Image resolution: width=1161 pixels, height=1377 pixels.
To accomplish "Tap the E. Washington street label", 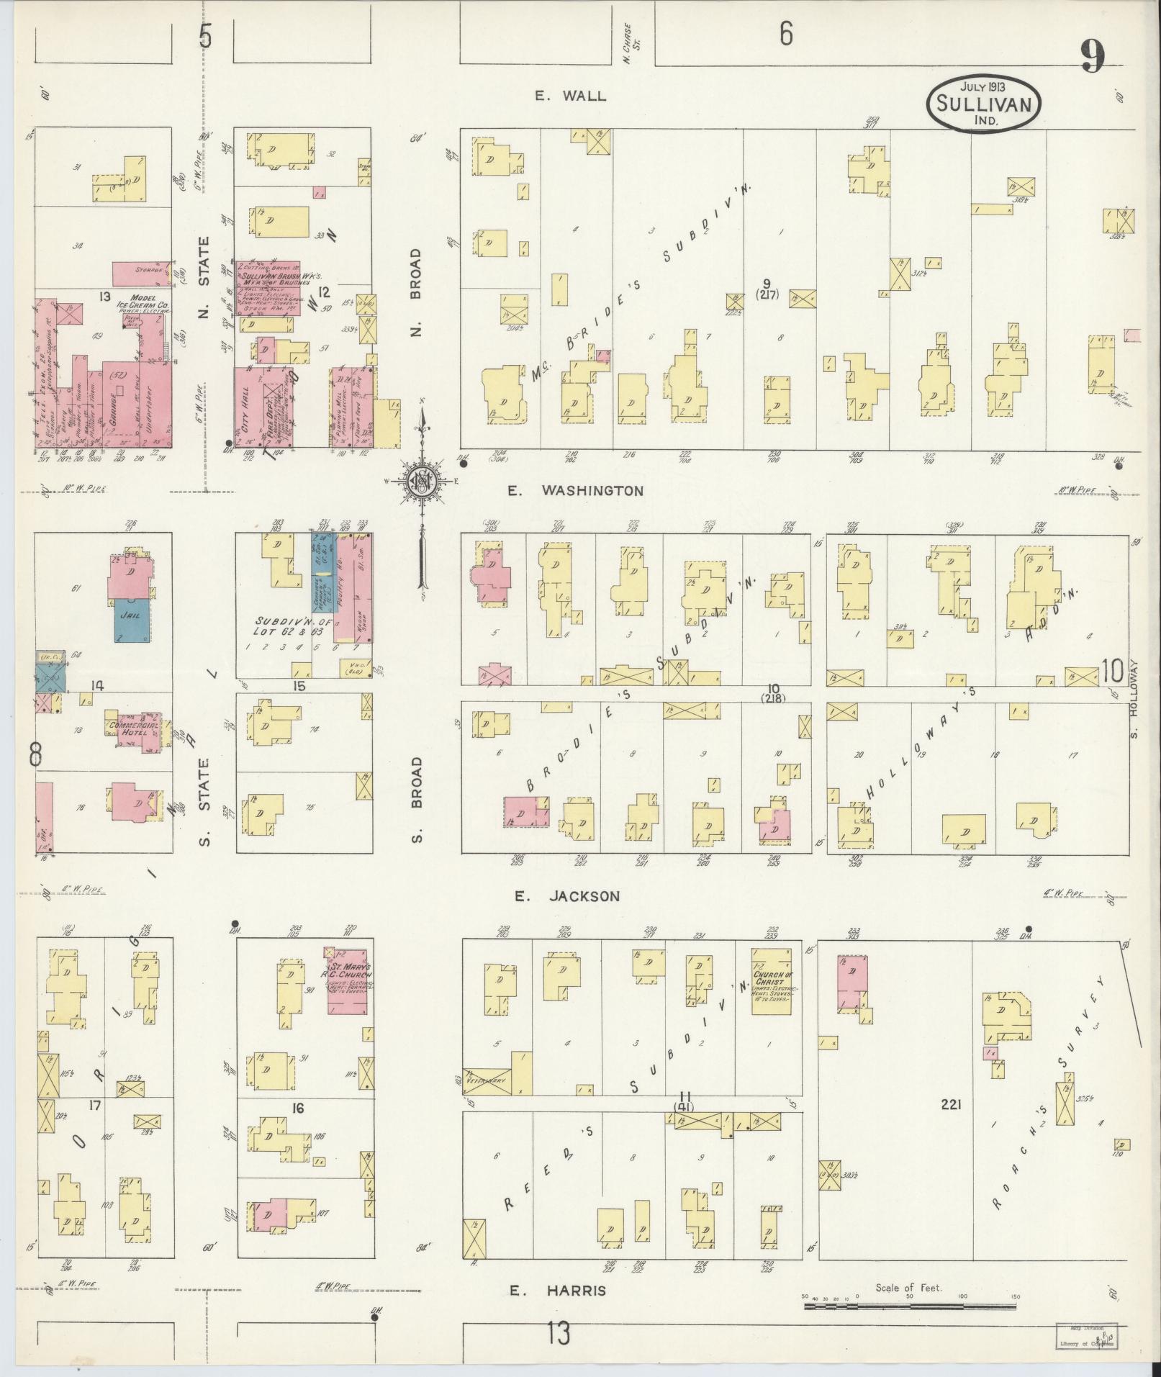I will [x=575, y=491].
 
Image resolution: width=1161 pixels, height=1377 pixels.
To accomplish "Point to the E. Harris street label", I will [x=558, y=1291].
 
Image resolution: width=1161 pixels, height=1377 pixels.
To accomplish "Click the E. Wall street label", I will [x=571, y=96].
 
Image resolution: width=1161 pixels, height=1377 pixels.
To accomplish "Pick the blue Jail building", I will [x=133, y=620].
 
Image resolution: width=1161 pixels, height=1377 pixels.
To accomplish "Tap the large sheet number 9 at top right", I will [x=1091, y=58].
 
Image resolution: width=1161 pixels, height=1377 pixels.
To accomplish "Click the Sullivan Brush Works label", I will [x=276, y=276].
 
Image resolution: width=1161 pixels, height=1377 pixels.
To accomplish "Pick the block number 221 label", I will [x=950, y=1124].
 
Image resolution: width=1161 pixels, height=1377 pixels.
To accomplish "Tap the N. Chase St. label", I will [x=631, y=48].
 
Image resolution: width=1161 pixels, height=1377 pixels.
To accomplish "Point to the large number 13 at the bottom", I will [x=558, y=1334].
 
